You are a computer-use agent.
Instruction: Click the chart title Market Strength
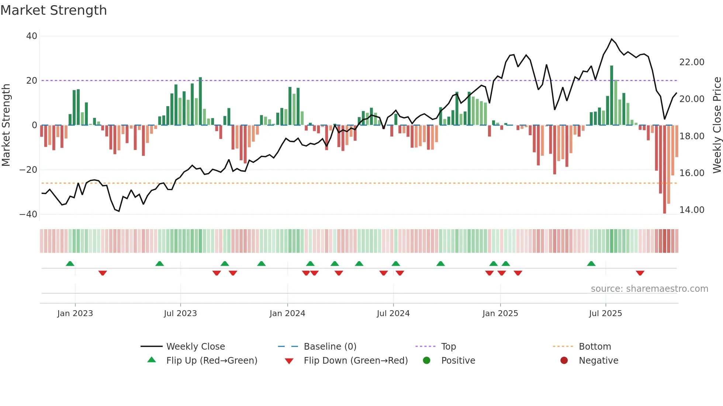tap(53, 10)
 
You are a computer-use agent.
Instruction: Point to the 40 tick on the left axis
tap(32, 36)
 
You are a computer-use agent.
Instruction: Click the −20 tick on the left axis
tap(28, 170)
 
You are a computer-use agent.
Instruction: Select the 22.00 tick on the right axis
tap(692, 62)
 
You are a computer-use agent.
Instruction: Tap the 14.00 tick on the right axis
tap(692, 210)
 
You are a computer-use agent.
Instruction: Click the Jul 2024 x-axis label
tap(393, 314)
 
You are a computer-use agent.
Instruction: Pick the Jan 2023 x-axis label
tap(75, 314)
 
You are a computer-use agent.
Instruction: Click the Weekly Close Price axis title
tap(717, 125)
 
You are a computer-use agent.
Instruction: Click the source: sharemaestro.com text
tap(649, 289)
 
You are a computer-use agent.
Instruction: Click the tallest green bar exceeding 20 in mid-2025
tap(612, 96)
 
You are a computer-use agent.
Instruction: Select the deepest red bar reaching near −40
tap(664, 169)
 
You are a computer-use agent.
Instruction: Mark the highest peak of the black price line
tap(612, 39)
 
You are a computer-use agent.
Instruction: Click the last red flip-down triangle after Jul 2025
tap(640, 273)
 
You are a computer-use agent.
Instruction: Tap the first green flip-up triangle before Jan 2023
tap(70, 263)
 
